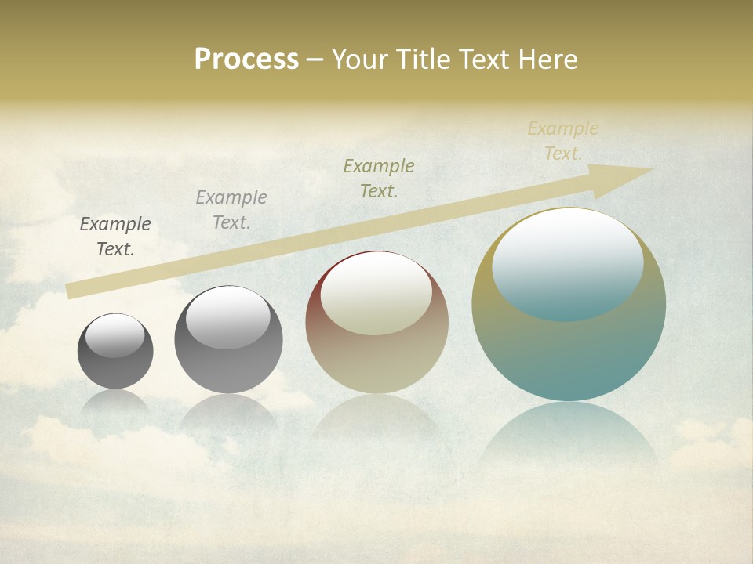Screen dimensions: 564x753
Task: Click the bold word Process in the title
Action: click(x=246, y=60)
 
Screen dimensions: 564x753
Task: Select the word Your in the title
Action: click(x=361, y=60)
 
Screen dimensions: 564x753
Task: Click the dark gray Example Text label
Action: click(x=115, y=237)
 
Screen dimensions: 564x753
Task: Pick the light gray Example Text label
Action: click(x=231, y=210)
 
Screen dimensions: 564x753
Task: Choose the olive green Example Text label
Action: click(x=379, y=178)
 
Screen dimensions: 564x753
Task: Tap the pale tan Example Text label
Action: click(x=563, y=141)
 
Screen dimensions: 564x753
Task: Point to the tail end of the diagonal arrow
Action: click(x=69, y=291)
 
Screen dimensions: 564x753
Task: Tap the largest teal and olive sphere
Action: click(x=569, y=352)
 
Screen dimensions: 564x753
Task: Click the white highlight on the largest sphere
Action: click(x=567, y=263)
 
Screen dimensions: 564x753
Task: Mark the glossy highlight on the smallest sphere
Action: click(x=115, y=335)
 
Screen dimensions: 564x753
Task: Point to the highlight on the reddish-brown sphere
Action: click(x=376, y=294)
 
